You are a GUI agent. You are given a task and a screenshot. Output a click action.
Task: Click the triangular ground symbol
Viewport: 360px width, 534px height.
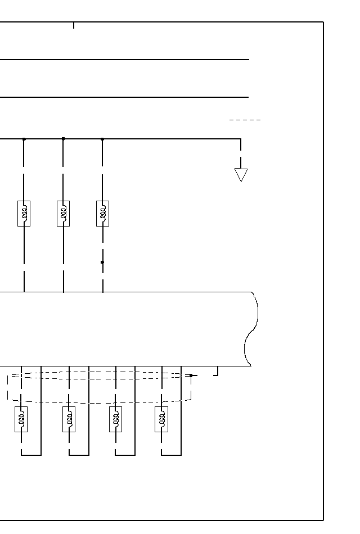(x=241, y=175)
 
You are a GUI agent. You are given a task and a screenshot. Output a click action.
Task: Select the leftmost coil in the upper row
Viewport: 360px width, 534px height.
(x=24, y=214)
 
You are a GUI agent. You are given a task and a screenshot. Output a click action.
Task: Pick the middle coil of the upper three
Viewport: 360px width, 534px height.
(x=63, y=214)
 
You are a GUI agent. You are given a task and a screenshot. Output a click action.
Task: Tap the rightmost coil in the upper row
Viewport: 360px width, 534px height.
(x=102, y=214)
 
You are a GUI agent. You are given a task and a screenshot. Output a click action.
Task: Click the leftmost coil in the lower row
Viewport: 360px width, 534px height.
(x=21, y=419)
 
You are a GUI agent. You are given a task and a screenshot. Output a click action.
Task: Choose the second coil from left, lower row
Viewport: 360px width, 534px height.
(x=69, y=419)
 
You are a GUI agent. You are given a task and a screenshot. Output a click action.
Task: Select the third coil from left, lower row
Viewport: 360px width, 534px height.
(x=115, y=419)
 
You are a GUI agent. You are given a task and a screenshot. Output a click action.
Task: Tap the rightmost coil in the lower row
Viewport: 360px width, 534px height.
(x=161, y=419)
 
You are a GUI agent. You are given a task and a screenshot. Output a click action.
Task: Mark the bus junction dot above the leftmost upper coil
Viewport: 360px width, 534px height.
(x=24, y=139)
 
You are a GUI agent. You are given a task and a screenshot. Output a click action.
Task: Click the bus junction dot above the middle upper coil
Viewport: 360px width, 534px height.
(x=63, y=138)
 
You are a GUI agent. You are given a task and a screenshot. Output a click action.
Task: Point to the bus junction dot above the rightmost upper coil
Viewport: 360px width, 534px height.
(x=102, y=139)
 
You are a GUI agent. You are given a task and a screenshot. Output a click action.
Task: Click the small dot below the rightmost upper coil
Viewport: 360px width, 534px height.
(x=102, y=262)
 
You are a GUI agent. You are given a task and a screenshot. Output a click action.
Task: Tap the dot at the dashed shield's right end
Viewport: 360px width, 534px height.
(x=191, y=375)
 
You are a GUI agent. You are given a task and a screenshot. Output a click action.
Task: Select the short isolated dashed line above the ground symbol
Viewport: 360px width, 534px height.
(x=245, y=120)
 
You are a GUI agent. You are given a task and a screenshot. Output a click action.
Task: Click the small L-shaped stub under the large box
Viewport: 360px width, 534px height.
(x=216, y=372)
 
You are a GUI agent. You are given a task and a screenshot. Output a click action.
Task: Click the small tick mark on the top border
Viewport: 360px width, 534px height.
(x=73, y=25)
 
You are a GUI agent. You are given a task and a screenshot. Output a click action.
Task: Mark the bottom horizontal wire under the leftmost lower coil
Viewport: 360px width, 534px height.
(x=31, y=455)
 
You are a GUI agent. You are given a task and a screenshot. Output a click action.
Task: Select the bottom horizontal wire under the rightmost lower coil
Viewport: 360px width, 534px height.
(x=171, y=455)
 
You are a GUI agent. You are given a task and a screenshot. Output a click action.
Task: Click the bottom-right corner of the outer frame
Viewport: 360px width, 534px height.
(x=323, y=520)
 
